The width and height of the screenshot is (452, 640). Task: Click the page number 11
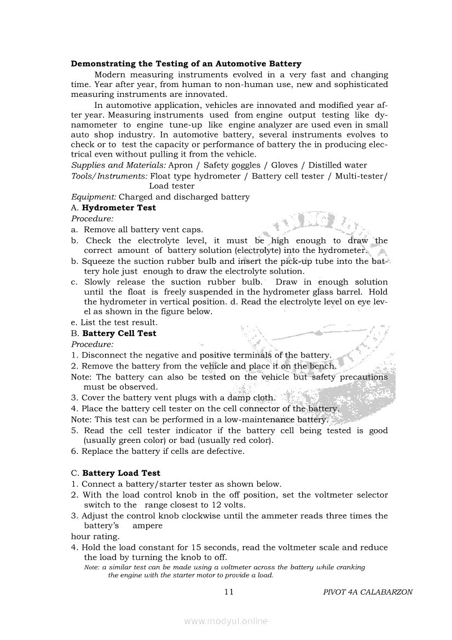[x=229, y=592]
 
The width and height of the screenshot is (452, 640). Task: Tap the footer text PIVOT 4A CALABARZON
[x=368, y=592]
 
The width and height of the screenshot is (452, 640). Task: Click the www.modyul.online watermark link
[x=226, y=621]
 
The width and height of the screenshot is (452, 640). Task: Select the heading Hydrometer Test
[x=119, y=207]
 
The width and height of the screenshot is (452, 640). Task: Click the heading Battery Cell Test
[x=119, y=333]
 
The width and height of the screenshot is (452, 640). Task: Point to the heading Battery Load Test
[x=121, y=472]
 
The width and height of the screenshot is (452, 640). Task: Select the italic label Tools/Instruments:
[x=109, y=176]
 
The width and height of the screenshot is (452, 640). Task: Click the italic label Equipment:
[x=94, y=197]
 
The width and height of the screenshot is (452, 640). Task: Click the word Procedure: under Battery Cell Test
[x=92, y=344]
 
